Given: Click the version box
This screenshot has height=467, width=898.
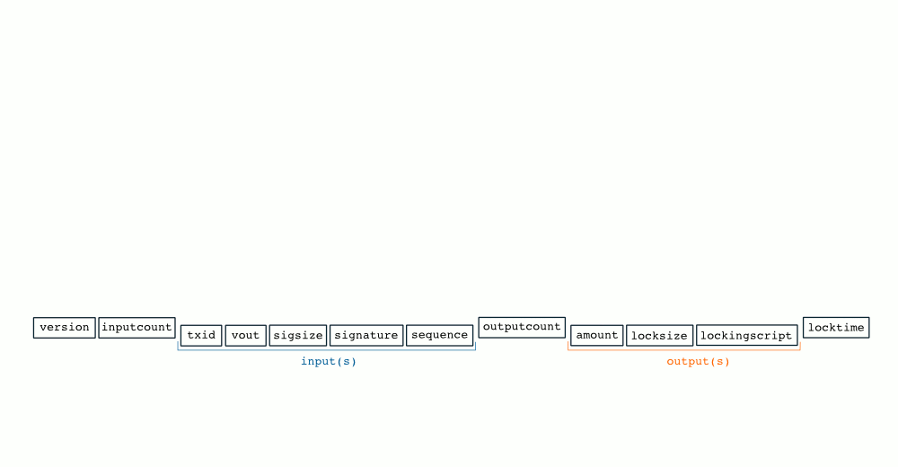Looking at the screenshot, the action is coord(64,328).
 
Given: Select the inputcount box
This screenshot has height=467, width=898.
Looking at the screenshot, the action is coord(136,328).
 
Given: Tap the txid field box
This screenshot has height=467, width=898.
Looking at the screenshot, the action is coord(201,336).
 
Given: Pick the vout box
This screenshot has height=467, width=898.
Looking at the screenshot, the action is coord(246,336).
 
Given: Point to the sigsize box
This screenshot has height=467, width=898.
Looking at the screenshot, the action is coord(298,336).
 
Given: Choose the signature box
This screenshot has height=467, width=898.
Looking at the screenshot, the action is coord(366,336).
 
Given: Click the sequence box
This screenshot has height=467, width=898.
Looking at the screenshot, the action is coord(440,336).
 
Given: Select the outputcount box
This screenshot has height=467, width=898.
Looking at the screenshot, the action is coord(522,327).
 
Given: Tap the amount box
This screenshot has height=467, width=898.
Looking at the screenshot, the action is coord(597,336).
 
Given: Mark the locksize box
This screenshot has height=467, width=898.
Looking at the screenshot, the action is coord(660,336).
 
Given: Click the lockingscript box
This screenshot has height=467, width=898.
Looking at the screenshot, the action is coord(747,336).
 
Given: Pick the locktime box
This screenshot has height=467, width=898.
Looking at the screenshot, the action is coord(836,328).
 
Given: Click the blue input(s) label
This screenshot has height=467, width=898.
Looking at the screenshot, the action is coord(329,362).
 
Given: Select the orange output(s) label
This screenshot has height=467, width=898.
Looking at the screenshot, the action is coord(698,362).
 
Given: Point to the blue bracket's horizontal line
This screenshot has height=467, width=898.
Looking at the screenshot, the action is coord(327,350).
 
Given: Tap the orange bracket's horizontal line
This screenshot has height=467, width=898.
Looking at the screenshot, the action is coord(683,350).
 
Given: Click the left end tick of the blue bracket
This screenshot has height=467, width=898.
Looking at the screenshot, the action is coord(178,346).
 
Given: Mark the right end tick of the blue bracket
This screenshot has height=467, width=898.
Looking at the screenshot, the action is coord(475,346).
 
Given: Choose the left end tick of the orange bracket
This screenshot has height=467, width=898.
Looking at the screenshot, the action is coord(568,346).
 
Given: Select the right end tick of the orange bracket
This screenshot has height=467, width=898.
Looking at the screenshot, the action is coord(800,346).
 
